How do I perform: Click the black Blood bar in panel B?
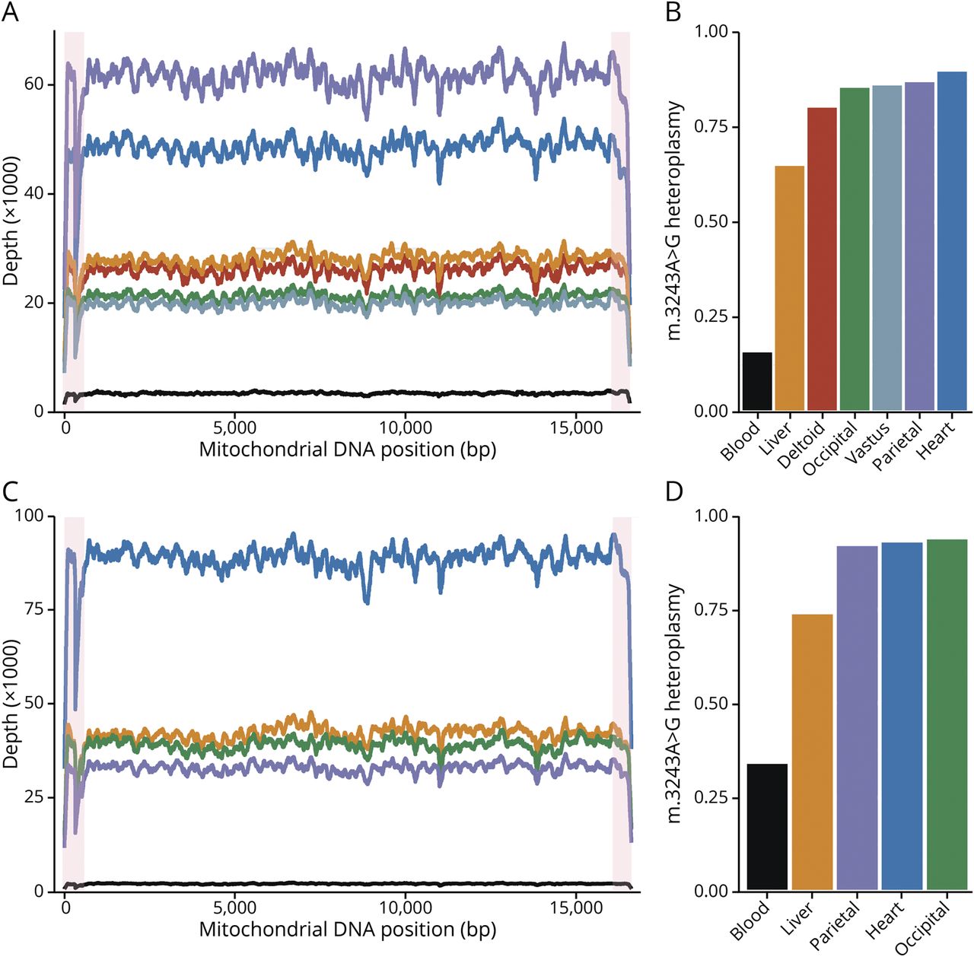[x=757, y=382]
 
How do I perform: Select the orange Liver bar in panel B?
[x=789, y=289]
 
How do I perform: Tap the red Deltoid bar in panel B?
[x=822, y=259]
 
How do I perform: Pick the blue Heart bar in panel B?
[x=952, y=241]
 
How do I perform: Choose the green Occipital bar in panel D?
[x=947, y=714]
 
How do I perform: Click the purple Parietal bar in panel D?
[x=857, y=718]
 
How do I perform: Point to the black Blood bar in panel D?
[x=767, y=827]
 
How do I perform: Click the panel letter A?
[x=10, y=13]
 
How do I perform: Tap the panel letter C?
[x=10, y=492]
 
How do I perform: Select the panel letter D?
[x=674, y=492]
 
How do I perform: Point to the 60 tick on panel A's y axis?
[x=33, y=84]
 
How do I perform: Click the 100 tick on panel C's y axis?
[x=30, y=517]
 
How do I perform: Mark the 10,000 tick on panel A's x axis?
[x=405, y=428]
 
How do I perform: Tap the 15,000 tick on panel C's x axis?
[x=575, y=908]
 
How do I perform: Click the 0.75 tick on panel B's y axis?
[x=711, y=126]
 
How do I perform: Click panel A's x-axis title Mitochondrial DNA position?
[x=347, y=450]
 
